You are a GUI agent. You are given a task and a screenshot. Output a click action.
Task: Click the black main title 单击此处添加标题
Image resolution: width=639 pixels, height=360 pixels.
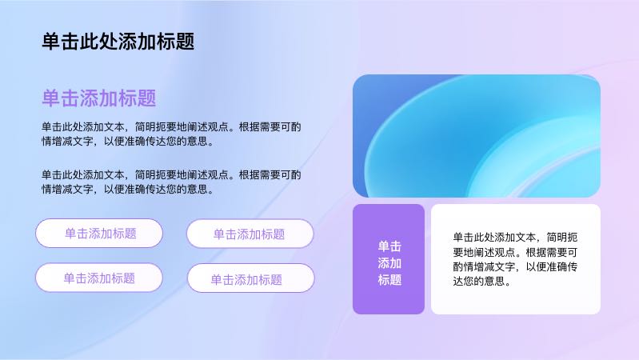pyautogui.click(x=118, y=42)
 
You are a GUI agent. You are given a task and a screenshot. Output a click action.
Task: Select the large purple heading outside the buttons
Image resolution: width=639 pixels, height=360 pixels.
pyautogui.click(x=99, y=98)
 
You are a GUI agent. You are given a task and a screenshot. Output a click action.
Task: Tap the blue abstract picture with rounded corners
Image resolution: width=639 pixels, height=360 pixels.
pyautogui.click(x=477, y=136)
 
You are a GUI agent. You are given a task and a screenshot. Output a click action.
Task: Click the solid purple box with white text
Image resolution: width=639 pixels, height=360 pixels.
pyautogui.click(x=389, y=259)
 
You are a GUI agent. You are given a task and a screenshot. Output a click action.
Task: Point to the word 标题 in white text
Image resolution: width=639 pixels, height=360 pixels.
pyautogui.click(x=389, y=280)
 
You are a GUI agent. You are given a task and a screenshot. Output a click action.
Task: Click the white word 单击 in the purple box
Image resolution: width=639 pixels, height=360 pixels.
pyautogui.click(x=389, y=246)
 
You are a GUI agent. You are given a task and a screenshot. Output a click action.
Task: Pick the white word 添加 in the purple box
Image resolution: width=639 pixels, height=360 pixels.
pyautogui.click(x=389, y=263)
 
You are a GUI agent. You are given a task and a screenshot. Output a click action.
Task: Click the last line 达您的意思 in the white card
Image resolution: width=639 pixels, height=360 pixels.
pyautogui.click(x=481, y=282)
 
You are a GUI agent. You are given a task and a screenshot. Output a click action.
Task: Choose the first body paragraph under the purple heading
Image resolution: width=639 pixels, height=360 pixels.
pyautogui.click(x=171, y=134)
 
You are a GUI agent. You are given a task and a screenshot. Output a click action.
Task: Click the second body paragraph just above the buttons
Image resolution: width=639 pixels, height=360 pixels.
pyautogui.click(x=171, y=182)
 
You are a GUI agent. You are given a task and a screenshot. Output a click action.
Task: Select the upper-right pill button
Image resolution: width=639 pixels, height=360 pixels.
pyautogui.click(x=250, y=234)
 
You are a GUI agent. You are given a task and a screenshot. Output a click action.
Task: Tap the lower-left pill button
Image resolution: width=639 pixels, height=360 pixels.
pyautogui.click(x=99, y=278)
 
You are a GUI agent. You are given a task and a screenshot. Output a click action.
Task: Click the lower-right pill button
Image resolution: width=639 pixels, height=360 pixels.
pyautogui.click(x=250, y=278)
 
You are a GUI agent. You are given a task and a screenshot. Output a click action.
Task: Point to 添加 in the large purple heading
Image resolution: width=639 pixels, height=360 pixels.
pyautogui.click(x=99, y=98)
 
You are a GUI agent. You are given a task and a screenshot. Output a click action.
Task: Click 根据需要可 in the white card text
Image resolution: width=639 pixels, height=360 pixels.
pyautogui.click(x=551, y=252)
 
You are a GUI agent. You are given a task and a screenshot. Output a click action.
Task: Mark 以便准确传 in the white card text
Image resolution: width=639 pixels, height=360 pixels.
pyautogui.click(x=551, y=266)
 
